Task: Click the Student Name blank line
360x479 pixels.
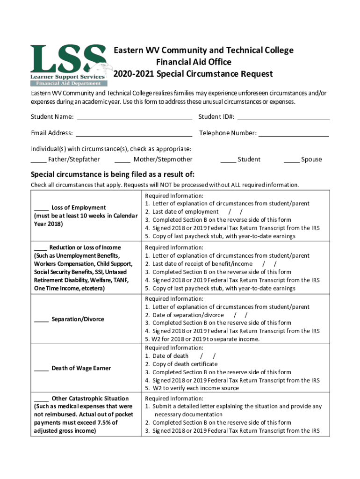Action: pyautogui.click(x=134, y=117)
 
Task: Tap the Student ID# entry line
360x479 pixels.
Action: pyautogui.click(x=283, y=117)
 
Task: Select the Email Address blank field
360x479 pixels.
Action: pyautogui.click(x=134, y=134)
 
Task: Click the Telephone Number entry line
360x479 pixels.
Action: pyautogui.click(x=294, y=134)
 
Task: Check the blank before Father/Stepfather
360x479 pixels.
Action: pyautogui.click(x=38, y=160)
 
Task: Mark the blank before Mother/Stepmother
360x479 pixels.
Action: pyautogui.click(x=122, y=160)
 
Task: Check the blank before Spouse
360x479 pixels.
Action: pyautogui.click(x=292, y=160)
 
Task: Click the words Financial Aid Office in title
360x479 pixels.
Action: pyautogui.click(x=194, y=62)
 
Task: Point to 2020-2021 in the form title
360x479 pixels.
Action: pyautogui.click(x=134, y=74)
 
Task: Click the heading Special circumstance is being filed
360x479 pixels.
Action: pyautogui.click(x=112, y=174)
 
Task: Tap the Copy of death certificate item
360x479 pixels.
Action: pyautogui.click(x=185, y=364)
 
